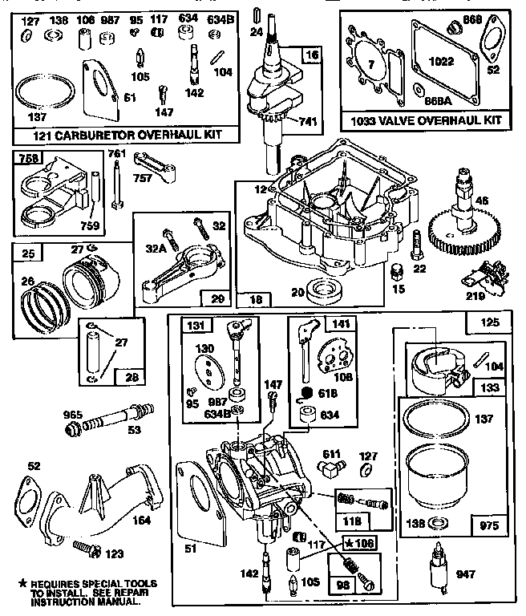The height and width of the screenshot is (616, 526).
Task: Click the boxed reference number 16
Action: click(x=310, y=55)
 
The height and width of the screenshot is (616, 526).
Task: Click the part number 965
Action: click(x=74, y=415)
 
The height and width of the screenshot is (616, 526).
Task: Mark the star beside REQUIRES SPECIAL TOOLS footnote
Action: click(x=18, y=583)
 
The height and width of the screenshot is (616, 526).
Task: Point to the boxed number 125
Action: click(x=489, y=323)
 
